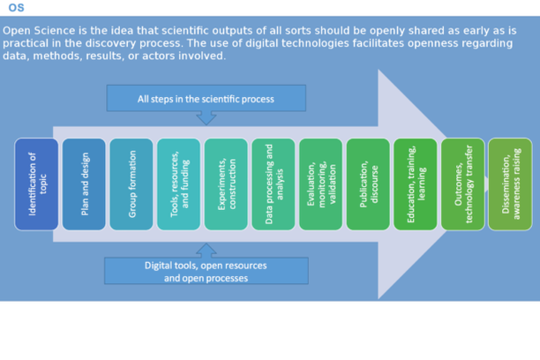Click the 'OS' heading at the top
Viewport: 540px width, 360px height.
pos(16,8)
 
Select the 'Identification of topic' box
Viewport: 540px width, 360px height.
pos(36,184)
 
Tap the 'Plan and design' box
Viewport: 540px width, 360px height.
pos(84,184)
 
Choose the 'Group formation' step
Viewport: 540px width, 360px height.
pos(131,184)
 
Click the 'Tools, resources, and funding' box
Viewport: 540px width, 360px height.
pos(178,184)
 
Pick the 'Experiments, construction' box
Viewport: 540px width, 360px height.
pos(226,184)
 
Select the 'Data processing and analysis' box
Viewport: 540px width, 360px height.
pos(274,184)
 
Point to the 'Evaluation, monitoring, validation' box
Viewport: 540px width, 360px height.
pos(320,184)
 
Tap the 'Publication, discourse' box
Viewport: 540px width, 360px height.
pos(368,184)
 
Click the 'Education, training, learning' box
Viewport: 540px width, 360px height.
pos(416,184)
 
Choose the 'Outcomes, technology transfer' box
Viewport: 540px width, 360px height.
pos(462,184)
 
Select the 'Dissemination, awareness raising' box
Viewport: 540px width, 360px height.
pos(510,184)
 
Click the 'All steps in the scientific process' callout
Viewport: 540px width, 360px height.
pos(206,98)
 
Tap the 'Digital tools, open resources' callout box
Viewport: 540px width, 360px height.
pos(206,271)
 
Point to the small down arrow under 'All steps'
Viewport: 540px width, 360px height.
pos(206,117)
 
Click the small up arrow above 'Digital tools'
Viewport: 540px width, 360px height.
pos(206,251)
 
